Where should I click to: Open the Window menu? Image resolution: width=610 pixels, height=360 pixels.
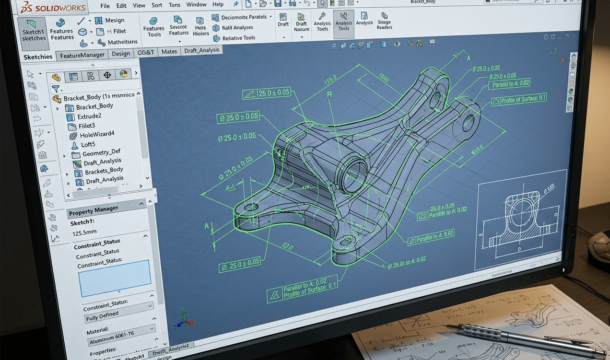(x=196, y=5)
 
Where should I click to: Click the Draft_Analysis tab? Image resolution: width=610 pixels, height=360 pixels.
(x=201, y=50)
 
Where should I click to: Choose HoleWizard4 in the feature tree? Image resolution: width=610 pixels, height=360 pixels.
(x=96, y=135)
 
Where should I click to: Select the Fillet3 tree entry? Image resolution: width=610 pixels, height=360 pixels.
(x=86, y=126)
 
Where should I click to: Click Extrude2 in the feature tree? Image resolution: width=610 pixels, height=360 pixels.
(x=89, y=116)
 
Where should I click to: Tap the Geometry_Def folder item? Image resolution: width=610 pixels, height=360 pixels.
(x=101, y=153)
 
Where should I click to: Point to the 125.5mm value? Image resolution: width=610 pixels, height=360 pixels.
(x=84, y=233)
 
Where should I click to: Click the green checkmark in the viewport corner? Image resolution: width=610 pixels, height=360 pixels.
(x=553, y=51)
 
